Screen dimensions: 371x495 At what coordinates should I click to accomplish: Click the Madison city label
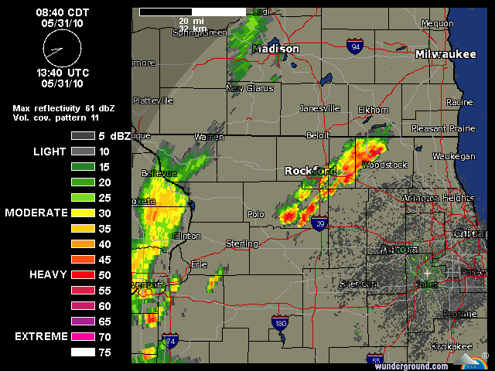(x=276, y=49)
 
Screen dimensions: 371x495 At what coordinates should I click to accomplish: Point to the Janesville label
(x=319, y=108)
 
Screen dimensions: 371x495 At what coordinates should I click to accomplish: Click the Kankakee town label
(x=452, y=345)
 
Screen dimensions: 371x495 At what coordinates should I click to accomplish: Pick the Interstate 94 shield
(x=355, y=47)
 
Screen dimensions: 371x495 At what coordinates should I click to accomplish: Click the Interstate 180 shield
(x=280, y=322)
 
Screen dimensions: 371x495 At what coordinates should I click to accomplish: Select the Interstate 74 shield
(x=169, y=341)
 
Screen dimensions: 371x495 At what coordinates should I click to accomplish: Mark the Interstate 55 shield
(x=376, y=360)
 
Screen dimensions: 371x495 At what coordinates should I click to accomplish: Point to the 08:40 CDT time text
(x=62, y=12)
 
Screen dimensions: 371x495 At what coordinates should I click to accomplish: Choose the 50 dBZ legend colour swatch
(x=82, y=274)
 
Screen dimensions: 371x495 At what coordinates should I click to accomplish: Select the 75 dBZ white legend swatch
(x=82, y=352)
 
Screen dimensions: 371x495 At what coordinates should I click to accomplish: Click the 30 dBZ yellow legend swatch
(x=82, y=213)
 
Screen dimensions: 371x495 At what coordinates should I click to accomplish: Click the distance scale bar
(x=193, y=12)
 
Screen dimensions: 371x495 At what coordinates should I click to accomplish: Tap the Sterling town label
(x=241, y=243)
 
